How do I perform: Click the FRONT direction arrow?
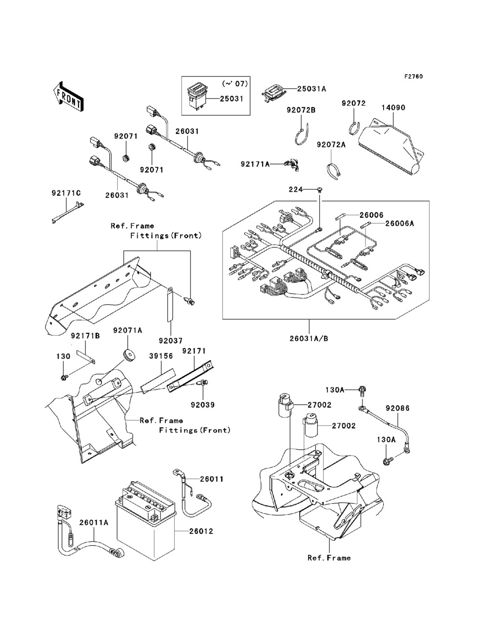69,97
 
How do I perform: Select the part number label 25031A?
312,89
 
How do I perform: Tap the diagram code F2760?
413,77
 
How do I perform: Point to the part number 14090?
393,108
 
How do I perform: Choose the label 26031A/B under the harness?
309,339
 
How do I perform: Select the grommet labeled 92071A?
128,354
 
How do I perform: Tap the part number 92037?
170,340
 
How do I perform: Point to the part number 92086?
398,409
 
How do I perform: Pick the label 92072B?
301,110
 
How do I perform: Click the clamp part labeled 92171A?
293,165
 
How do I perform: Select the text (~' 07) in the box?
235,84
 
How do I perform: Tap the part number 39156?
161,356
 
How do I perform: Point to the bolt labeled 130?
64,378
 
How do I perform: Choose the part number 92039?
203,405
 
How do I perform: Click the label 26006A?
400,223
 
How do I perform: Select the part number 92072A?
331,144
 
